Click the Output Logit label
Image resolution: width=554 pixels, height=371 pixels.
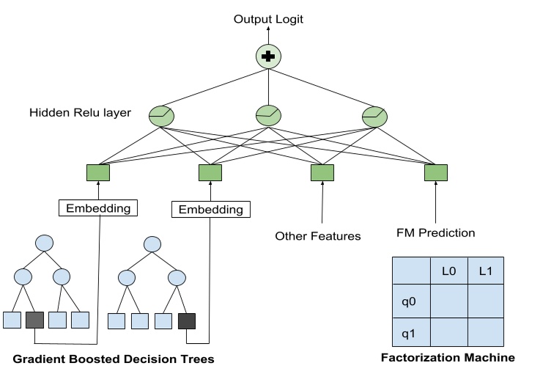[x=268, y=19]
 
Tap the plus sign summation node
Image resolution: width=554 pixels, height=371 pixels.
[x=268, y=56]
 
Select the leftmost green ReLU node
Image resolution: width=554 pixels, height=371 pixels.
[x=161, y=115]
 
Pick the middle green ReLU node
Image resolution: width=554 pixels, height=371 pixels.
[x=268, y=115]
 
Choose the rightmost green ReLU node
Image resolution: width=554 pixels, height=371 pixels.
[x=375, y=115]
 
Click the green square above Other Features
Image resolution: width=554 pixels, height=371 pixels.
[x=322, y=172]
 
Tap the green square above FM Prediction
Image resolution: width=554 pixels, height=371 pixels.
[x=435, y=172]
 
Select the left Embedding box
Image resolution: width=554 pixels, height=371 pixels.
[x=99, y=208]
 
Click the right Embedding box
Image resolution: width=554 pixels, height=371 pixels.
[x=210, y=210]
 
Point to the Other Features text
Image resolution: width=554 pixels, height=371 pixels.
[x=318, y=236]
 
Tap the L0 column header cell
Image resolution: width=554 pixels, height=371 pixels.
[x=448, y=271]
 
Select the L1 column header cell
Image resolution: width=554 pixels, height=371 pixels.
[x=486, y=271]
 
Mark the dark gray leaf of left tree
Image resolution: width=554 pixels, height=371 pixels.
[x=35, y=320]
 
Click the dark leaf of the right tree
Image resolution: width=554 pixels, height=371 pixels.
[x=187, y=320]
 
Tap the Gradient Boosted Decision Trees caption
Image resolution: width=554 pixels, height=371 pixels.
[x=113, y=359]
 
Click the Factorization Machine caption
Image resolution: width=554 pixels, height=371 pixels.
[x=448, y=358]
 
